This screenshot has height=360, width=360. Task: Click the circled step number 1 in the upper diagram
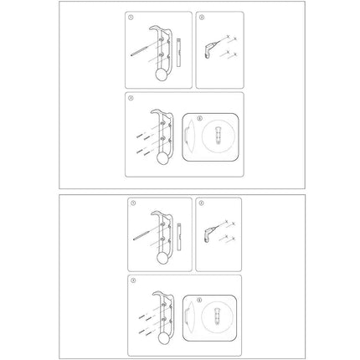(129, 17)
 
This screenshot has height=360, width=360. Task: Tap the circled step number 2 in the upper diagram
(199, 17)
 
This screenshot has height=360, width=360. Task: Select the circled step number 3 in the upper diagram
(129, 99)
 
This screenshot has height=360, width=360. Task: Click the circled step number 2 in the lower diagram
(199, 203)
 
